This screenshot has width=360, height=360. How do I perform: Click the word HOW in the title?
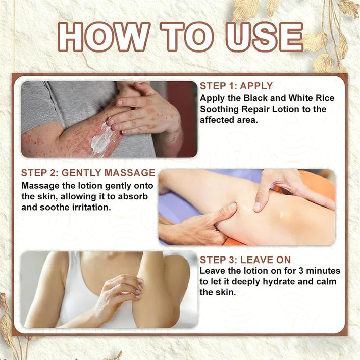(104, 37)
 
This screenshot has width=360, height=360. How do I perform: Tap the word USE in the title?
(265, 37)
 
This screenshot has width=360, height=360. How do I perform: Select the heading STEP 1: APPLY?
(236, 86)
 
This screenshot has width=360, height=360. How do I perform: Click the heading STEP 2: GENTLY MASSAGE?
(88, 173)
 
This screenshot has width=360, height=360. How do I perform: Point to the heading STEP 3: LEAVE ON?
(245, 260)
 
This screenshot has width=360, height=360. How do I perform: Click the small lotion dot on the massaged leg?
(281, 215)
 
